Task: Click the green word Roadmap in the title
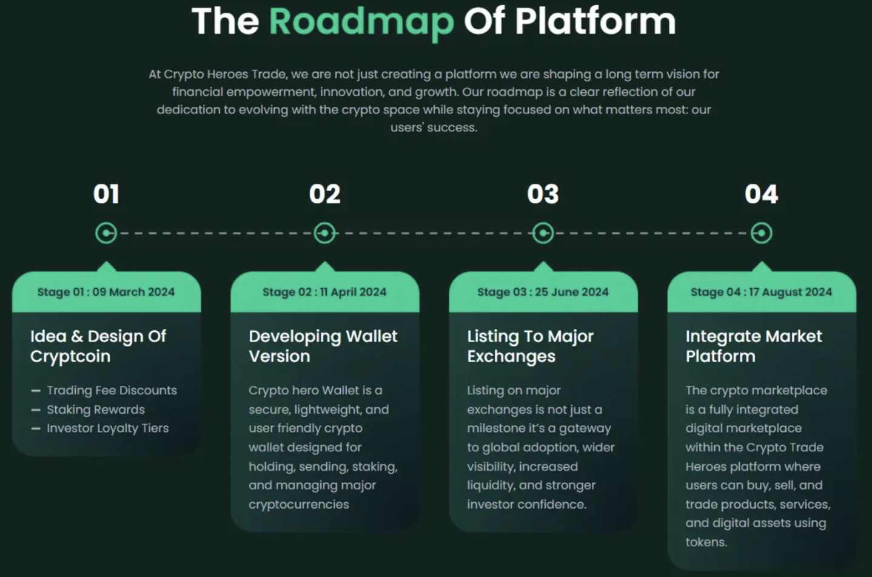(x=361, y=22)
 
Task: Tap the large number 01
(x=106, y=194)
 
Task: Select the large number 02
(x=324, y=194)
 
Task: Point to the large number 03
(x=543, y=194)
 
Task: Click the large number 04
(x=762, y=194)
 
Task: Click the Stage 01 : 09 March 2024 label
(x=106, y=292)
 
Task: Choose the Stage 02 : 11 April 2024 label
(x=324, y=292)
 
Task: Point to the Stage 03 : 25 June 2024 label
(x=543, y=292)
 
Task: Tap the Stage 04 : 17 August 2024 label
(x=761, y=292)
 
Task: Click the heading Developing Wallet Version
(x=323, y=346)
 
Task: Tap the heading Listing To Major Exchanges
(x=530, y=346)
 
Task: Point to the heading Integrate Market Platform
(x=754, y=346)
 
